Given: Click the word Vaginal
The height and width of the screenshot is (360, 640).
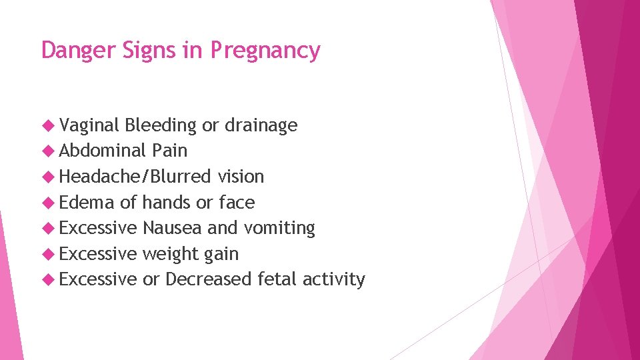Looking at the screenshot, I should pos(89,125).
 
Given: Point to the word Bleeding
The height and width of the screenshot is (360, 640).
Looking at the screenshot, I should pos(161,125).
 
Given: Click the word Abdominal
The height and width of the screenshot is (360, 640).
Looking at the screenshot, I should pos(102,151).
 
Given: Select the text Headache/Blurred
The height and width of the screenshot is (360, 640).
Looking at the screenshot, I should pos(135,177).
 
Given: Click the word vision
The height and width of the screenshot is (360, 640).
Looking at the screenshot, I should pos(241,177).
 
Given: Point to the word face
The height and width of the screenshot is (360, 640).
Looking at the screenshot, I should pos(237,202).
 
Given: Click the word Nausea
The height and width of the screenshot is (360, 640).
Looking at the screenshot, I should pos(172,228).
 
